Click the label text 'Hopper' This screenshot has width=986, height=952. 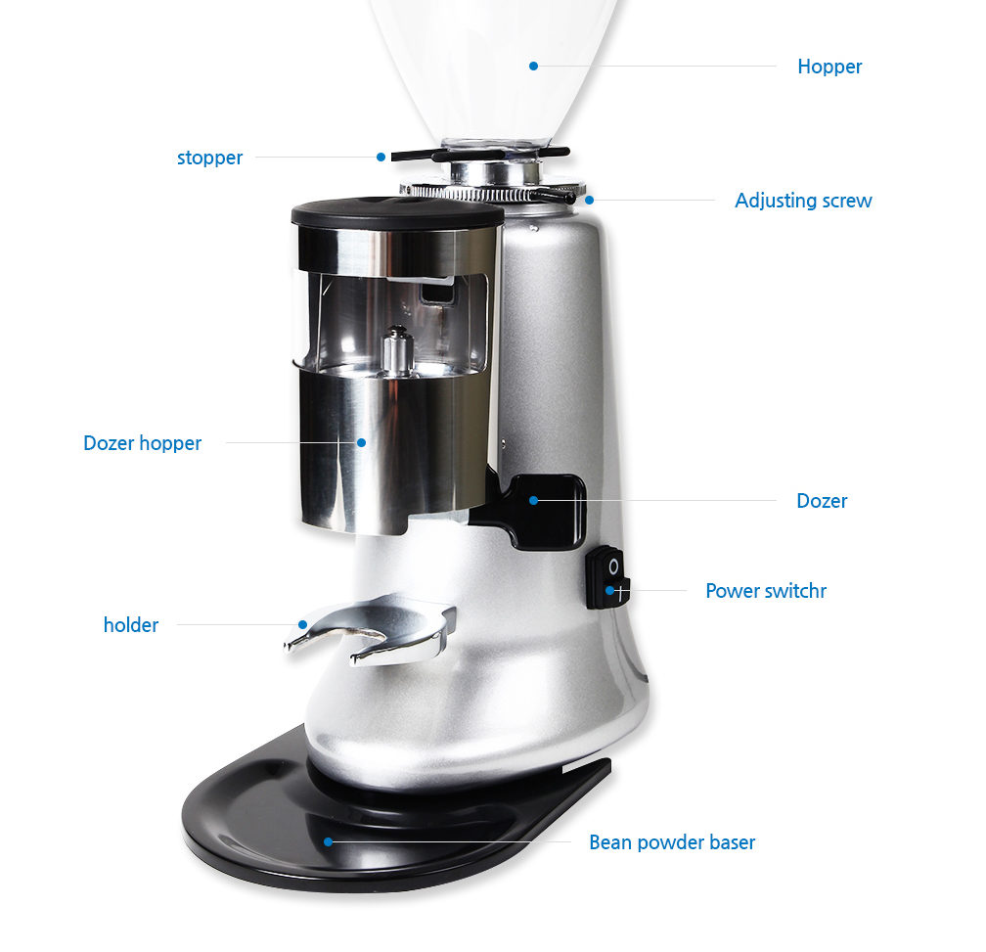tap(829, 67)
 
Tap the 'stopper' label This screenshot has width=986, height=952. tap(209, 158)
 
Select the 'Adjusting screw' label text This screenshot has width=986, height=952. tap(803, 201)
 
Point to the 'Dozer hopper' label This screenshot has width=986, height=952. tap(142, 443)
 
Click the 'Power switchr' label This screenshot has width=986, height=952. tap(765, 591)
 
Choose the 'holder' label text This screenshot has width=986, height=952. tap(131, 625)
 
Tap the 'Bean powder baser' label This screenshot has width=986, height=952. tap(672, 842)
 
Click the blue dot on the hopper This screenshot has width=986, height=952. tap(533, 66)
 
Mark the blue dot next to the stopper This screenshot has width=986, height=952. tap(381, 158)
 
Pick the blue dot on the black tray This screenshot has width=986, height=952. tap(329, 842)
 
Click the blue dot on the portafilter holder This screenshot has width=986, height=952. tap(303, 624)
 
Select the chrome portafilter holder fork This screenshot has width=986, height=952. tap(370, 629)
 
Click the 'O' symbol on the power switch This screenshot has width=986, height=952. tap(613, 567)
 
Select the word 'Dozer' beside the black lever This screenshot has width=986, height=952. tap(822, 501)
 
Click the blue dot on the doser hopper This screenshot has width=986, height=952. tap(362, 442)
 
